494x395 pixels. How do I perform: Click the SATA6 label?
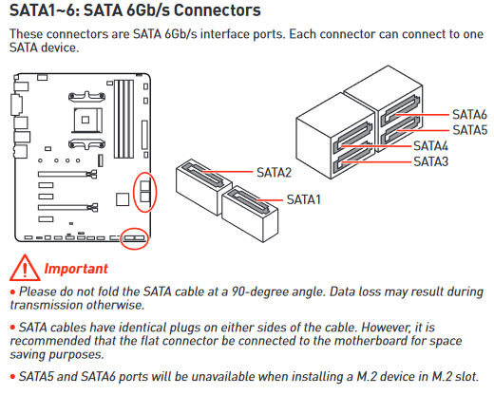coord(468,114)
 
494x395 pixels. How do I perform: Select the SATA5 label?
coord(468,129)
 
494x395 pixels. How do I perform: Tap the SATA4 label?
coord(429,146)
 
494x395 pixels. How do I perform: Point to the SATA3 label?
coord(429,161)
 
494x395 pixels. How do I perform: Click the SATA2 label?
coord(274,172)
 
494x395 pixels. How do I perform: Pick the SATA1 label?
coord(303,199)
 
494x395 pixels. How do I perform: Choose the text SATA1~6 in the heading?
coord(42,12)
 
